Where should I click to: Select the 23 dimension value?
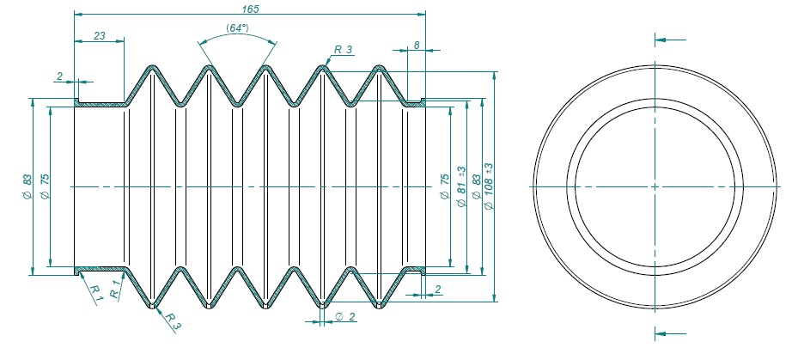[x=99, y=35]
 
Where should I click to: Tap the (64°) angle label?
[x=238, y=28]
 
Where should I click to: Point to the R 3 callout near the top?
[x=344, y=50]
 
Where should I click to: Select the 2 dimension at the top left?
[x=59, y=76]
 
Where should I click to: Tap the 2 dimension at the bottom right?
[x=438, y=290]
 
